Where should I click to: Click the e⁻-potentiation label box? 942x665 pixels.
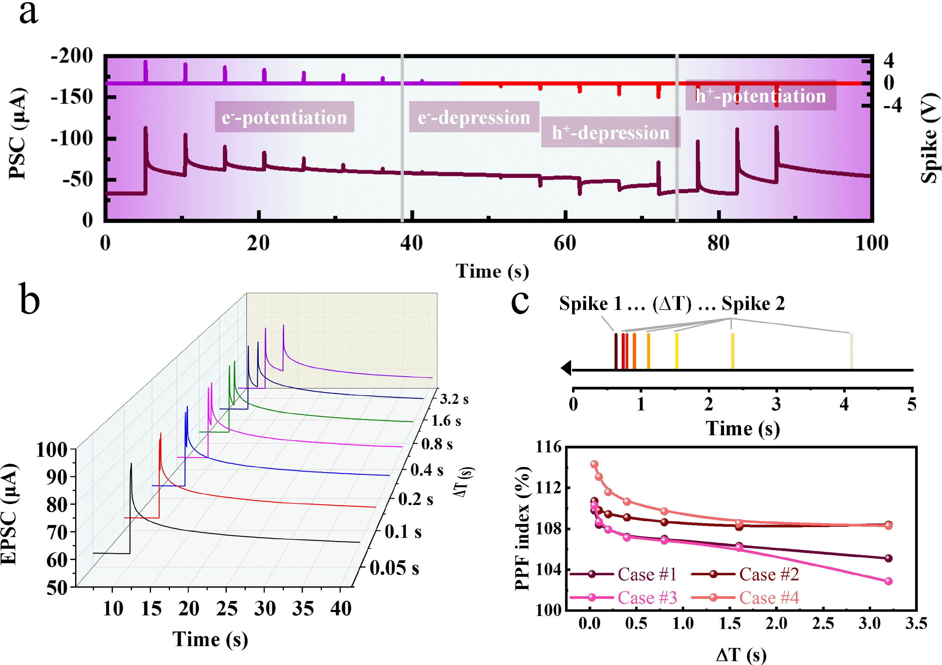(284, 117)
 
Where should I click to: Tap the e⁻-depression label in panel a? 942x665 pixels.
(474, 117)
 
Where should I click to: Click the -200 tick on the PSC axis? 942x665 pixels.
(72, 56)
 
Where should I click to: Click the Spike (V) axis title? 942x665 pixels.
(930, 138)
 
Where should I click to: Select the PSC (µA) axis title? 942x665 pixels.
(17, 133)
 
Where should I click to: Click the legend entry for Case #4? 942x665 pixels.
(769, 598)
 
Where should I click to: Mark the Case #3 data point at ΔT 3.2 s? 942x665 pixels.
(888, 581)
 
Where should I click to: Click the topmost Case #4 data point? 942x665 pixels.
(595, 464)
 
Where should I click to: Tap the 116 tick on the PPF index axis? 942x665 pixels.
(548, 447)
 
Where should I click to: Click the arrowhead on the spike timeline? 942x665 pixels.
(566, 368)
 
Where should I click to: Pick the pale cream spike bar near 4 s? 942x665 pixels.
(851, 351)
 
